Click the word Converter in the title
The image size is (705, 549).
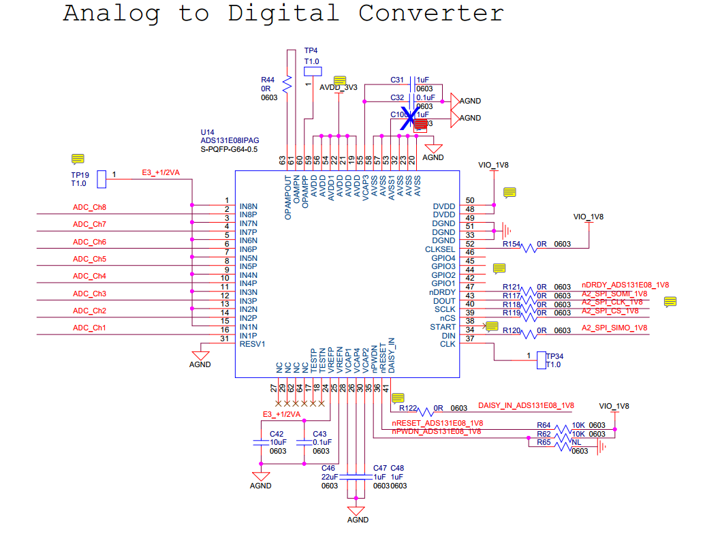click(431, 13)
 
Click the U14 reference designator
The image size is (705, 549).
click(207, 131)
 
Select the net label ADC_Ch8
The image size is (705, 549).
click(89, 207)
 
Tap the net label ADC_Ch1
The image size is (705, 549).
click(89, 328)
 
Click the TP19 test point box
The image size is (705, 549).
click(101, 179)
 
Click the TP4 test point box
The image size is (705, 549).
click(313, 70)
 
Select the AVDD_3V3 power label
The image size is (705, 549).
click(339, 87)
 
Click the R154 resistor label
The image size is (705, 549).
click(512, 244)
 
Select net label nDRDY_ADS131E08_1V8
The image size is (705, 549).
click(625, 285)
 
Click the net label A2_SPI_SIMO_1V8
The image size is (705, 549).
click(614, 328)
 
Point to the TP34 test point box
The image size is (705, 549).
click(542, 360)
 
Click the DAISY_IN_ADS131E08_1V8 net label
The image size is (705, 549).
click(526, 405)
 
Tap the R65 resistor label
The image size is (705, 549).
click(544, 442)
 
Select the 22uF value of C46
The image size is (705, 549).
click(330, 477)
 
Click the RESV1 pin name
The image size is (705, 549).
click(251, 344)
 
